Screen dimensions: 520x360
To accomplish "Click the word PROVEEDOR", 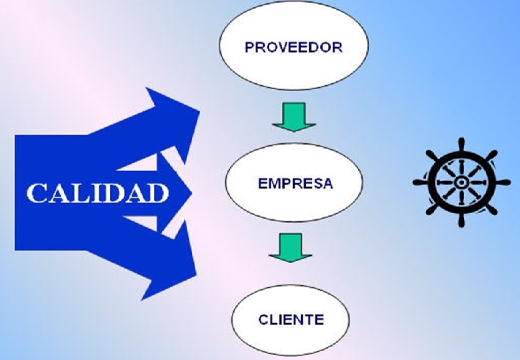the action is pos(293,48).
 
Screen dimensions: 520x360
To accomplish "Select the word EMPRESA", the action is pos(295,183).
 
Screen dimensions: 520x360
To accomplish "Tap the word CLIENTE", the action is pos(291,319).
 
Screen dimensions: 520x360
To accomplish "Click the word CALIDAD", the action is pos(97,193).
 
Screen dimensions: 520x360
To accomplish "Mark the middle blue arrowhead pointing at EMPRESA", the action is pos(190,193).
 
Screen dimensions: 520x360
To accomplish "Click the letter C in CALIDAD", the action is pos(36,193).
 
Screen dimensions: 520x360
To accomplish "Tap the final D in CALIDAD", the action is pos(157,193).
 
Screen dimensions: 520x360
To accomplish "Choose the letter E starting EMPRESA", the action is pos(262,183).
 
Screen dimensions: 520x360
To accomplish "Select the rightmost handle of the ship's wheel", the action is pos(501,181).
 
